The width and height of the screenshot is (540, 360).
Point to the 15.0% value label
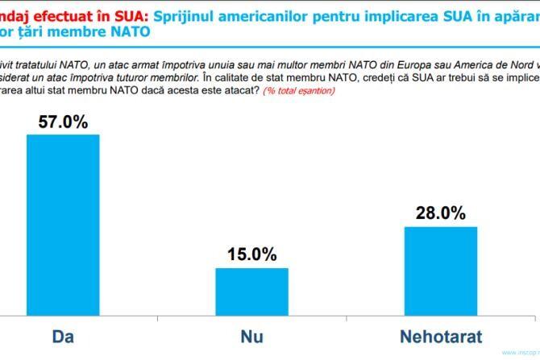coord(251,254)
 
